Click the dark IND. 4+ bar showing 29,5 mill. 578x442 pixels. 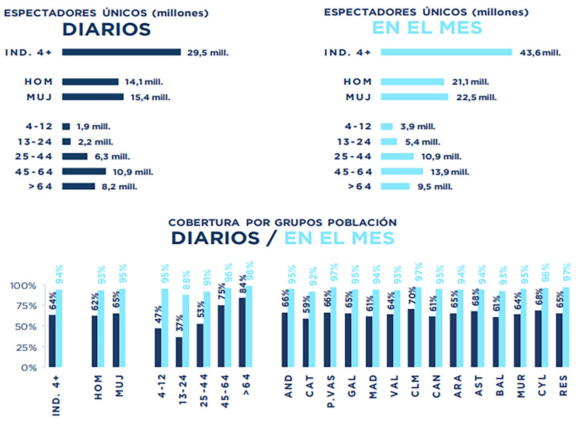click(x=121, y=52)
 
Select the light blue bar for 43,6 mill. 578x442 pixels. click(x=446, y=52)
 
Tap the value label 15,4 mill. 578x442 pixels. click(x=150, y=97)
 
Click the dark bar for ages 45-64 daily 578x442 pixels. click(x=84, y=172)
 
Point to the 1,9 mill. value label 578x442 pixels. click(x=93, y=127)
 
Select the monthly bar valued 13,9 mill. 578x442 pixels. click(x=402, y=172)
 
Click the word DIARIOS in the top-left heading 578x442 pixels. click(x=106, y=29)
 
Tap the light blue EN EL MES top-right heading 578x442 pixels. click(x=427, y=28)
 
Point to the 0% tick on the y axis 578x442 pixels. click(x=28, y=368)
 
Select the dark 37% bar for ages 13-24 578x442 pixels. click(x=179, y=352)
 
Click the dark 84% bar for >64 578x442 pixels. click(x=242, y=332)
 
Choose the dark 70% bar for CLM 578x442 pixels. click(x=411, y=338)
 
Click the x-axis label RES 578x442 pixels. click(x=563, y=386)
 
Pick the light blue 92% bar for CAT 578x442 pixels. click(x=312, y=329)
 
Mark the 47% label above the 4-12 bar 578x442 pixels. click(x=159, y=315)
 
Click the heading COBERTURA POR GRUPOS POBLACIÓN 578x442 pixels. click(x=282, y=222)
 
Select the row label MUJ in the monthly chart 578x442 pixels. click(x=358, y=97)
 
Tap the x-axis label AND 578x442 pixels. click(x=288, y=386)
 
